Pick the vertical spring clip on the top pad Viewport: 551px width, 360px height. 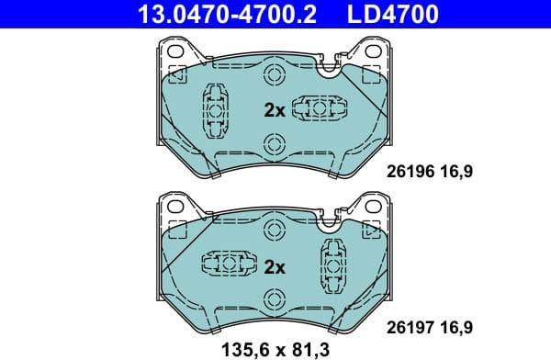tap(215, 111)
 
